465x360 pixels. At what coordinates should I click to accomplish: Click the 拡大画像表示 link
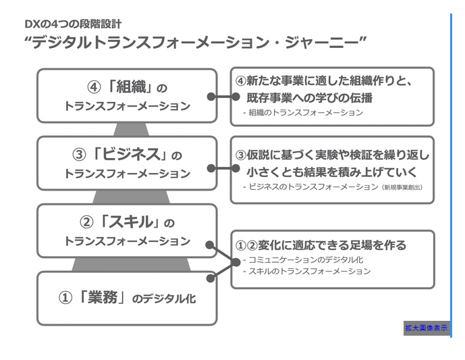click(426, 328)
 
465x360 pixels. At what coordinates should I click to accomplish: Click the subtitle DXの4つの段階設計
click(73, 24)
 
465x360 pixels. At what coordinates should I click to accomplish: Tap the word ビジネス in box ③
click(132, 154)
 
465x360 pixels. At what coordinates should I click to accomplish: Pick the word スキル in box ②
click(132, 222)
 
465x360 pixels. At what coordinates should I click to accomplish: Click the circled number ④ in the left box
click(94, 88)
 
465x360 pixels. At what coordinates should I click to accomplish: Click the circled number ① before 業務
click(65, 298)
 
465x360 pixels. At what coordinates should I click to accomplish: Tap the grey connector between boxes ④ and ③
click(131, 130)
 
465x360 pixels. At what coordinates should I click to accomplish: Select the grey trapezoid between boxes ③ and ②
click(131, 197)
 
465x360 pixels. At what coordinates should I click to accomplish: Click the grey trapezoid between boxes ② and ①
click(131, 265)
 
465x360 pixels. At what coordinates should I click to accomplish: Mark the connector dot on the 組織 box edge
click(211, 97)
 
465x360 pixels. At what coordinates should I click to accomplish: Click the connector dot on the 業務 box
click(211, 278)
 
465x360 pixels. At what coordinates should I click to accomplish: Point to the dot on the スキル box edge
click(210, 245)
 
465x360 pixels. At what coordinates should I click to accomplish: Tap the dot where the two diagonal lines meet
click(236, 262)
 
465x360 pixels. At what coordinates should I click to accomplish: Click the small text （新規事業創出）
click(402, 187)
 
